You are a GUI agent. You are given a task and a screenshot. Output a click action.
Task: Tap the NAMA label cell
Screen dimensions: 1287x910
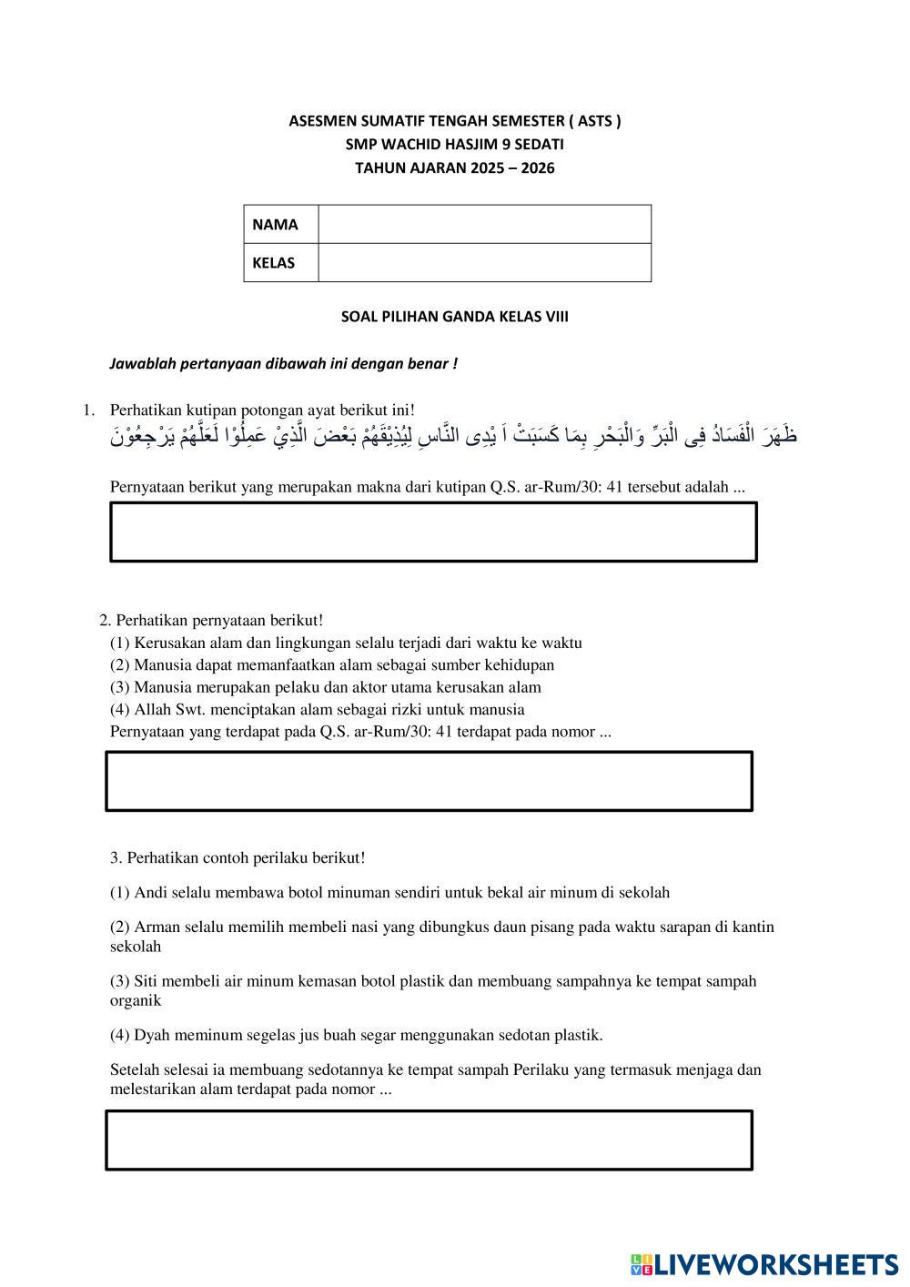[x=281, y=225]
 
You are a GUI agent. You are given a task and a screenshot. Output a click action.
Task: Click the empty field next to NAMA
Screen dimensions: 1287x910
[x=484, y=225]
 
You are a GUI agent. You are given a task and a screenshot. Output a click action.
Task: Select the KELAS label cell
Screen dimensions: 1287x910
[x=281, y=263]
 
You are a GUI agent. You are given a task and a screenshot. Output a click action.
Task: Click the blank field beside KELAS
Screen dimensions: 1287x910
[x=484, y=263]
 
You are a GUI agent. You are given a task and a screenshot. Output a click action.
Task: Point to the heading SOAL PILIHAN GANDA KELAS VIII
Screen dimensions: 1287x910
[x=454, y=317]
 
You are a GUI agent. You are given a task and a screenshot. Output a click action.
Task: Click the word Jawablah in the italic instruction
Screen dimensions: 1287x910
[x=140, y=364]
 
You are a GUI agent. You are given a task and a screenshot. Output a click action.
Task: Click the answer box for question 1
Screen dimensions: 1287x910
[x=433, y=532]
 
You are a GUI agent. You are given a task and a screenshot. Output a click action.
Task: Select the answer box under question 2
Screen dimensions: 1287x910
[x=429, y=781]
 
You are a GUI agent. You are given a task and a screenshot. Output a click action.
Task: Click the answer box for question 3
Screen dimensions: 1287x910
[x=429, y=1140]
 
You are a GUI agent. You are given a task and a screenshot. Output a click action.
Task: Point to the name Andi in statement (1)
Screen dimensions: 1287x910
[x=150, y=893]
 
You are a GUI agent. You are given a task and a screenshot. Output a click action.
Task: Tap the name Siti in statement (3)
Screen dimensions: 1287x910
[x=146, y=981]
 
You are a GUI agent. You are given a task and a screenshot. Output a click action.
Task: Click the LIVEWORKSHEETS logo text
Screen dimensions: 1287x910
[x=773, y=1264]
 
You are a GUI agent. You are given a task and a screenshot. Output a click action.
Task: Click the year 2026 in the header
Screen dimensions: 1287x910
[x=538, y=168]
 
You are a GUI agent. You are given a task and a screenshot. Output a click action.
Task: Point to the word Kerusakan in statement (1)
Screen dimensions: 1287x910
[x=167, y=643]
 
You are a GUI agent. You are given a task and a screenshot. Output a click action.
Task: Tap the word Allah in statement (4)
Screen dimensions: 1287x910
[x=152, y=710]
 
